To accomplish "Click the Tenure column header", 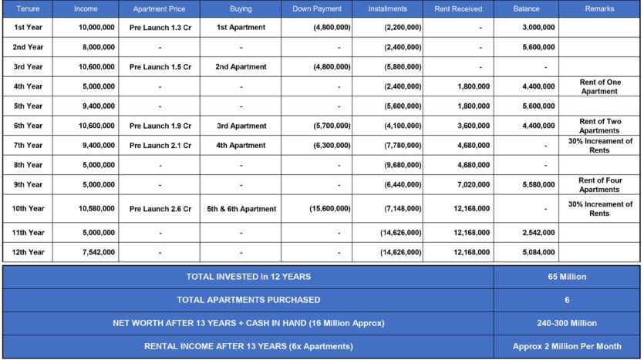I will tap(28, 9).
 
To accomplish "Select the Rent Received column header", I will tap(458, 9).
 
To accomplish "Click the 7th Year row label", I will tap(28, 145).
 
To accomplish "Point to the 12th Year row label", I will tap(28, 252).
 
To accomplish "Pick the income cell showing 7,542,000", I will tap(96, 252).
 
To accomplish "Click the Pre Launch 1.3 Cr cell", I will tap(160, 27).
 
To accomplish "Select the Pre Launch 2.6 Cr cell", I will tap(160, 208).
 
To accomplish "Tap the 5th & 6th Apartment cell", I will tap(241, 208).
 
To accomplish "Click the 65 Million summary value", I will tap(567, 277).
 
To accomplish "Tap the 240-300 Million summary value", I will tap(567, 323).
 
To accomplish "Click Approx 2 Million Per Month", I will tap(567, 346).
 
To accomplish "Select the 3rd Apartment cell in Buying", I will tap(241, 125).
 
